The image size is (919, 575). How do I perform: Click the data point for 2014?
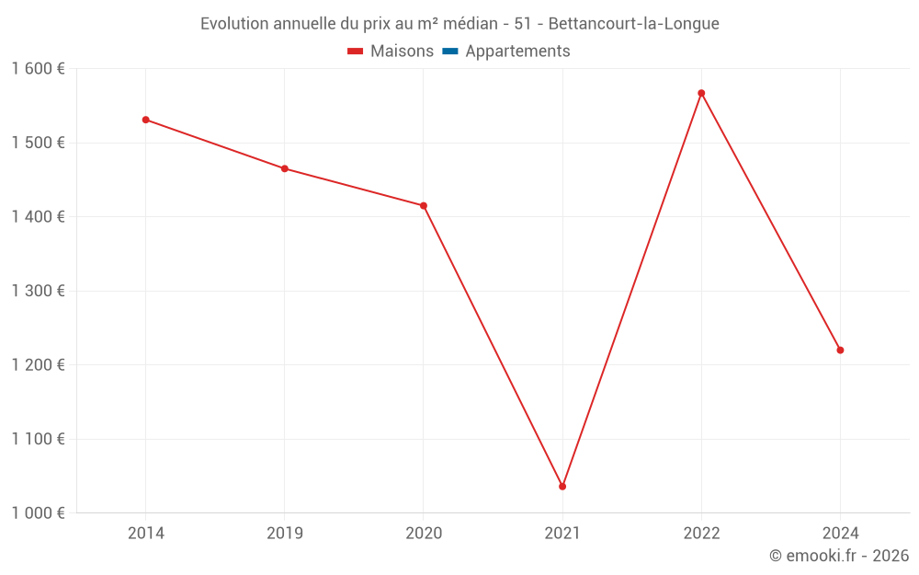145,120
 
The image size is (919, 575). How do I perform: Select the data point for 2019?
285,168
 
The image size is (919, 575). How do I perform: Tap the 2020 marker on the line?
424,205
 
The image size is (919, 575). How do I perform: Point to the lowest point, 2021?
562,486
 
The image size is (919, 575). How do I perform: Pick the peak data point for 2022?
701,93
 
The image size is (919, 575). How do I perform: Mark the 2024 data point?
840,350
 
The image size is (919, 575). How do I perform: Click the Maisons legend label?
402,52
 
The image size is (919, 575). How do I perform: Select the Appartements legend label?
517,52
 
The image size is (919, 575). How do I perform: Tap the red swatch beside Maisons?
356,52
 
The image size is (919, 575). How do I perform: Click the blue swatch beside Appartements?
450,52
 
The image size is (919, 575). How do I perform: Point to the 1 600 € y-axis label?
39,69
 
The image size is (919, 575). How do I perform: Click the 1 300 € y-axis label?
39,291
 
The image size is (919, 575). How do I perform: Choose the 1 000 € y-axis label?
39,513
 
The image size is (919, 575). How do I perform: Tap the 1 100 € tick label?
39,439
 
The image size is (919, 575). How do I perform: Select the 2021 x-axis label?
562,534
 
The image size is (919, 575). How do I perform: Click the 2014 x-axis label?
145,534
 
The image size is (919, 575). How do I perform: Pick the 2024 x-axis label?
840,534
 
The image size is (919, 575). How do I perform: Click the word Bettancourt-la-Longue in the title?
633,23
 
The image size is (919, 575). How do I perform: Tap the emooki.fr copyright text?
839,556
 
